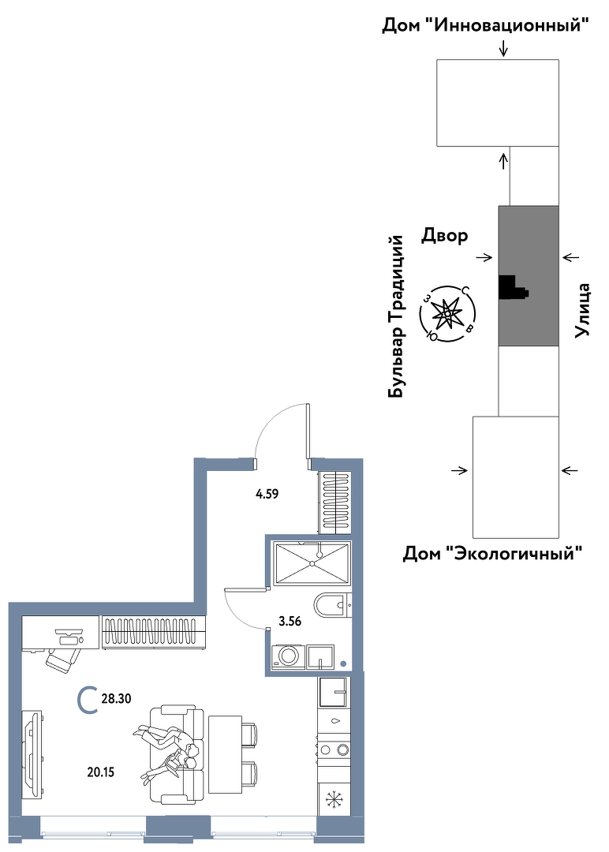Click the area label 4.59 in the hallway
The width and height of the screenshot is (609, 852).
pyautogui.click(x=267, y=495)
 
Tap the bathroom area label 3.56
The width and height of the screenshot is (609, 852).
pyautogui.click(x=290, y=622)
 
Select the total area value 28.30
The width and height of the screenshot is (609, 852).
pyautogui.click(x=116, y=699)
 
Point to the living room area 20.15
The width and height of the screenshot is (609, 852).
pyautogui.click(x=101, y=772)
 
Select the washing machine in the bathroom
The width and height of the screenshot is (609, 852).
pyautogui.click(x=287, y=656)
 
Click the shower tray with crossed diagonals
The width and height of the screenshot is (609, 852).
pyautogui.click(x=312, y=563)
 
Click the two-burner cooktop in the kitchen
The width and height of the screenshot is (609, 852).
pyautogui.click(x=334, y=750)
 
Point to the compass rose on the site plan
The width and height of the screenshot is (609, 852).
pyautogui.click(x=447, y=313)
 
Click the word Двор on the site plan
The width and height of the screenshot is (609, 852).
pyautogui.click(x=444, y=235)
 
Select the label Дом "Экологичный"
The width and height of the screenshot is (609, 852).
pyautogui.click(x=493, y=555)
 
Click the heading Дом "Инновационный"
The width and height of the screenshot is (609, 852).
pyautogui.click(x=486, y=25)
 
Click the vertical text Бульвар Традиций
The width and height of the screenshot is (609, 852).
pyautogui.click(x=397, y=316)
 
